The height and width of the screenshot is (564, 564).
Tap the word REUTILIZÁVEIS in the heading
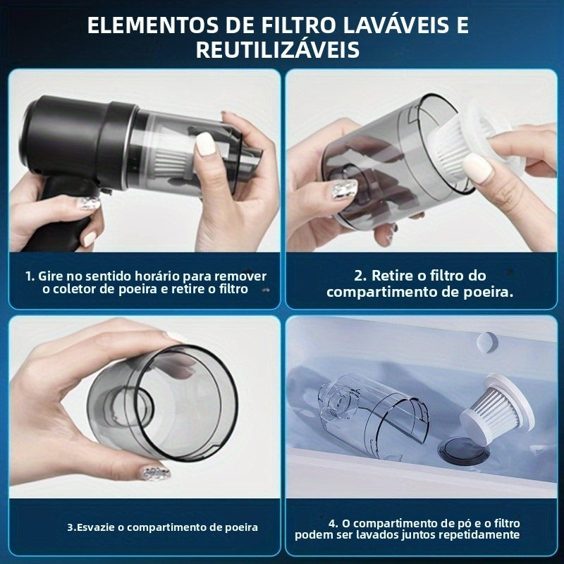(278, 50)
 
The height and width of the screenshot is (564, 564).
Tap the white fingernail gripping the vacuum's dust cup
(205, 144)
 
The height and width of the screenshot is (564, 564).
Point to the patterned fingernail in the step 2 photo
(345, 189)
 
